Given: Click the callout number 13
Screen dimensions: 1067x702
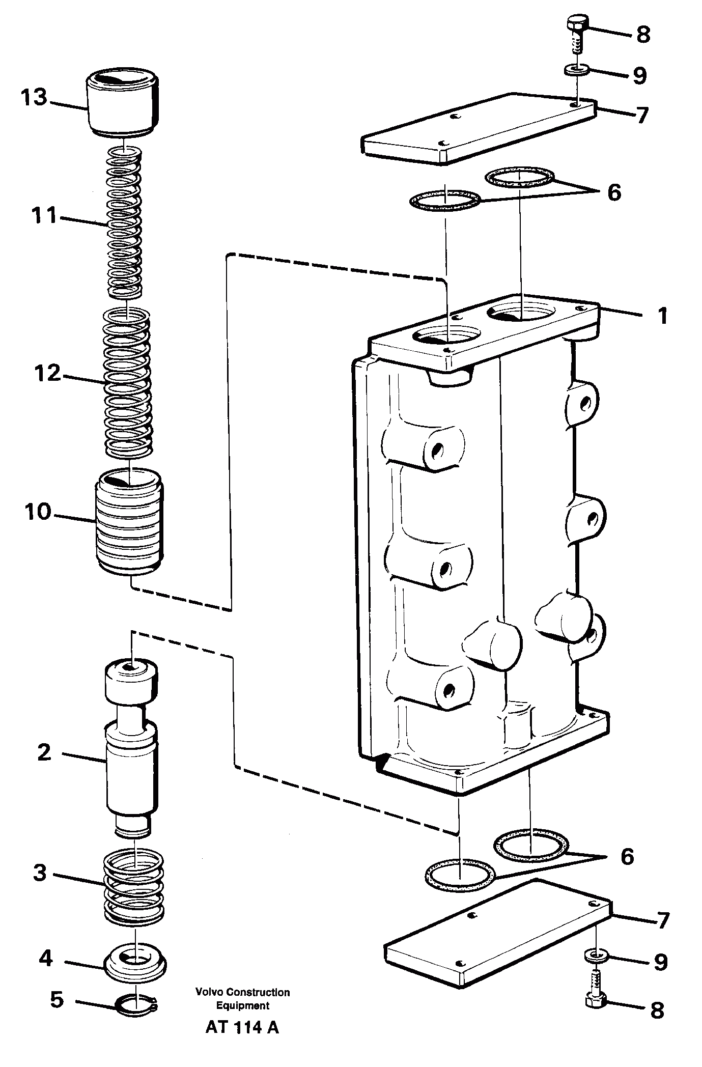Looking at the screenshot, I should pyautogui.click(x=34, y=97).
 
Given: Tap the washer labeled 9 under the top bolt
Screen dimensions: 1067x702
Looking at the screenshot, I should pyautogui.click(x=577, y=69).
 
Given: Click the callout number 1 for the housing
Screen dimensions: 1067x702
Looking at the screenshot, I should pyautogui.click(x=662, y=316).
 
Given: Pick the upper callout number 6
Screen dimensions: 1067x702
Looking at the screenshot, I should pyautogui.click(x=614, y=192).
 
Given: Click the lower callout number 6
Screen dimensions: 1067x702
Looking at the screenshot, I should pyautogui.click(x=627, y=856).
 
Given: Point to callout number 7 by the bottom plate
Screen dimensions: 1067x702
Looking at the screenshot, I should pyautogui.click(x=662, y=920).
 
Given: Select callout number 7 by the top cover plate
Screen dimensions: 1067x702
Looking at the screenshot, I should pyautogui.click(x=642, y=115).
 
